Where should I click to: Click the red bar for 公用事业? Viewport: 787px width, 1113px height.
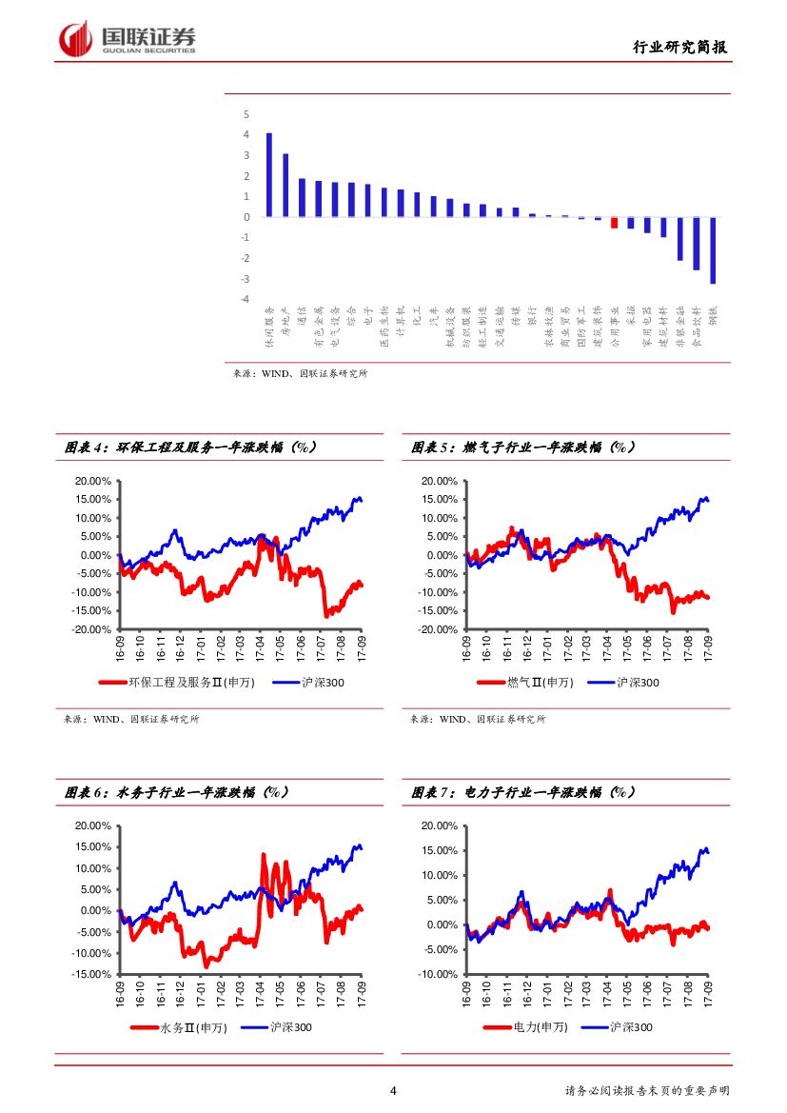[x=614, y=223]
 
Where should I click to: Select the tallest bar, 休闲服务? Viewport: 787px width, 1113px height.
[x=269, y=175]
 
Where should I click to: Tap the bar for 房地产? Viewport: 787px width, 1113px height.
[x=285, y=186]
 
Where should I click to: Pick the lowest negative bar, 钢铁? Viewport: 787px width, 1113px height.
[x=712, y=249]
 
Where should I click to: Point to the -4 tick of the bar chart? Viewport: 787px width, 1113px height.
[x=246, y=299]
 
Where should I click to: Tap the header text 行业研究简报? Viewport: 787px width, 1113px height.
[x=679, y=47]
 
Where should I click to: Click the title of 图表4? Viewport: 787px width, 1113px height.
[x=190, y=447]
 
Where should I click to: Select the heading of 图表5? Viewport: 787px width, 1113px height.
[x=523, y=447]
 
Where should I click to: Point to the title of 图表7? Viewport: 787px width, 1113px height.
[x=523, y=792]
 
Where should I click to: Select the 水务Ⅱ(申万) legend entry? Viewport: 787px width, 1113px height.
[x=190, y=1027]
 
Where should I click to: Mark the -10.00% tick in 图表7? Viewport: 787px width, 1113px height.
[x=439, y=974]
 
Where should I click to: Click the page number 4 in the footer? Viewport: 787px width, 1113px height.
[x=393, y=1091]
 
